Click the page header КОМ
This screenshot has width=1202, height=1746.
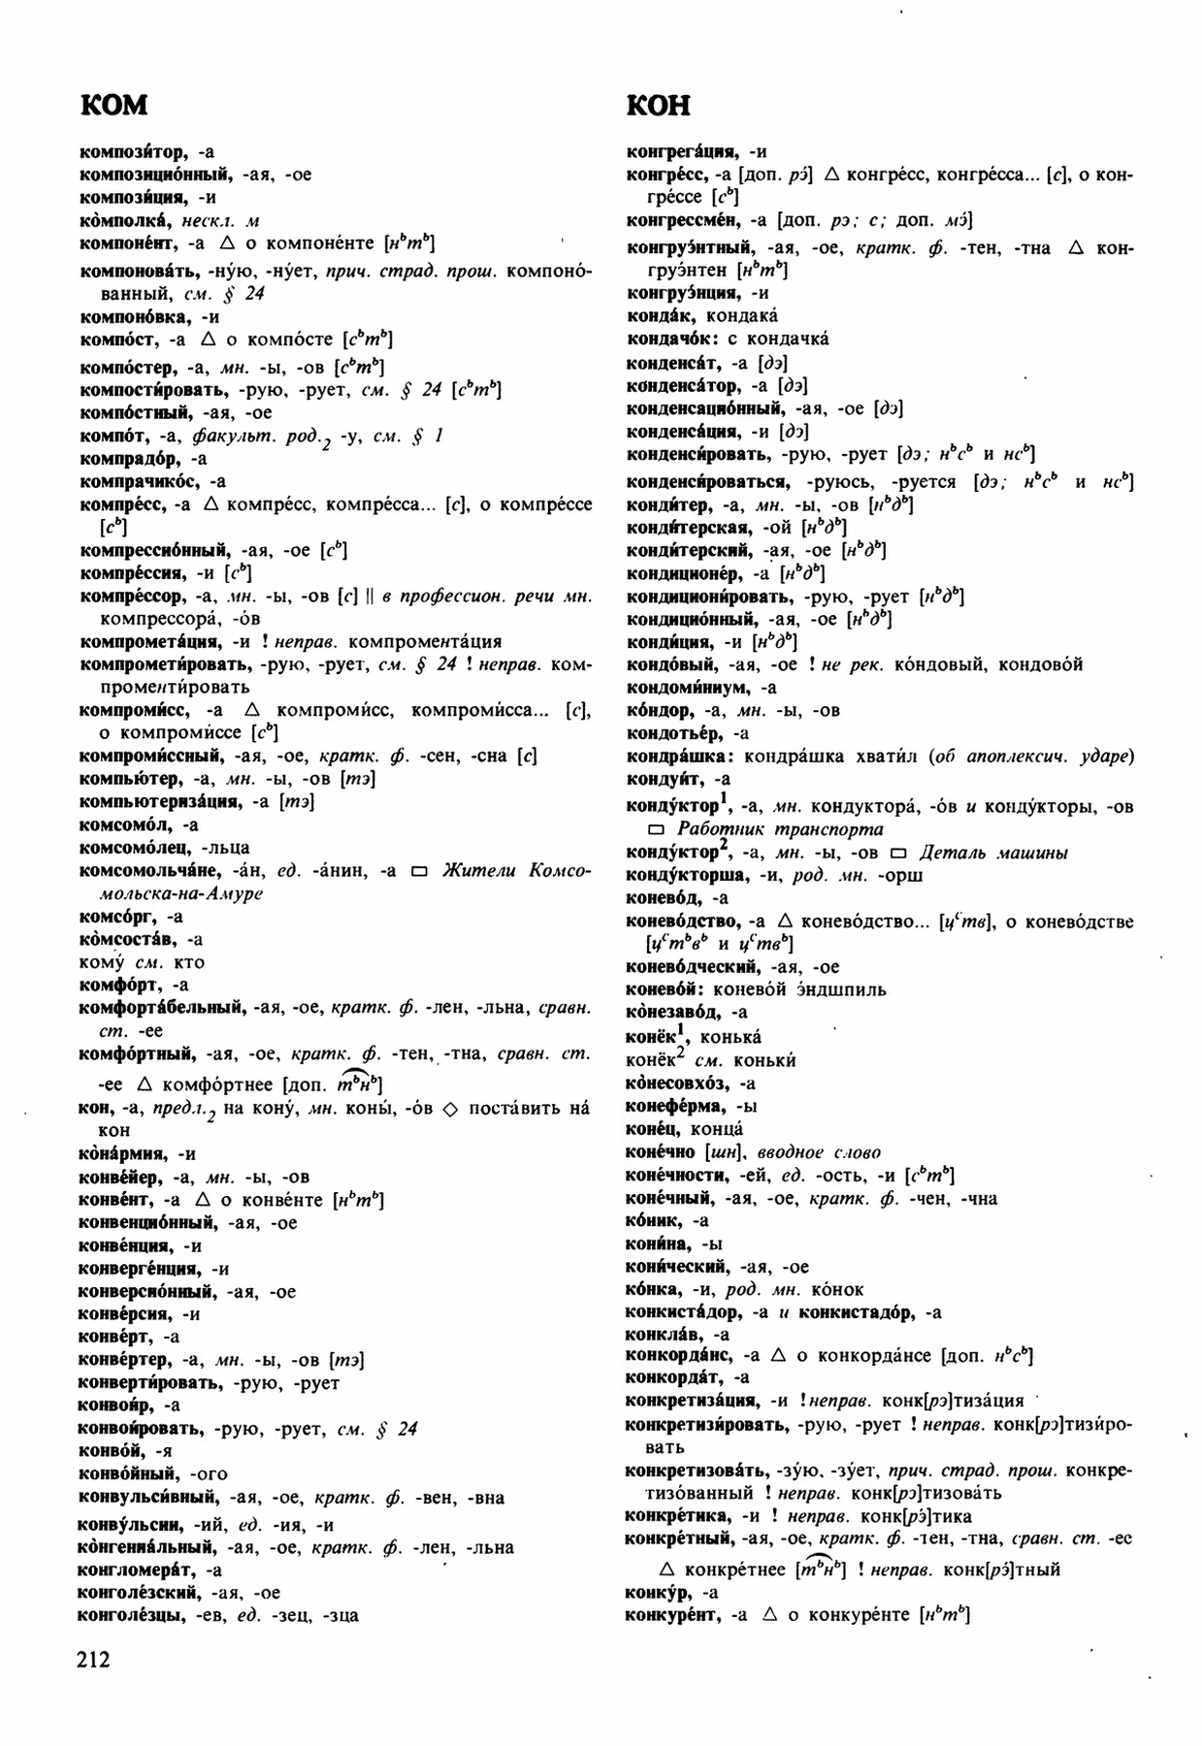pos(114,105)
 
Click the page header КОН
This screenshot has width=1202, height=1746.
pos(659,105)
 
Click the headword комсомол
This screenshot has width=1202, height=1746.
pos(125,824)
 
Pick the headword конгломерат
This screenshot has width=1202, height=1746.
pos(136,1569)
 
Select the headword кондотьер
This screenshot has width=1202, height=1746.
pos(673,733)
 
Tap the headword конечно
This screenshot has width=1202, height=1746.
pos(661,1152)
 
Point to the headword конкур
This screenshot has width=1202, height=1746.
pos(659,1592)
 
